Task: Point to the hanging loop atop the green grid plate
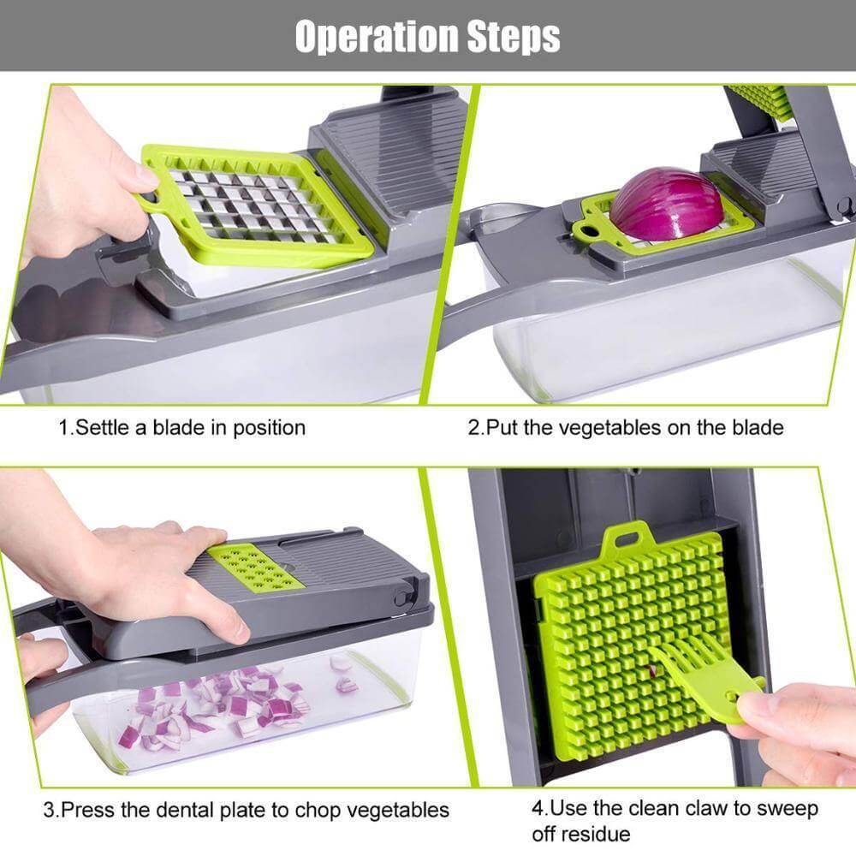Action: [x=622, y=539]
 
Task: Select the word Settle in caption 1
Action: [x=102, y=426]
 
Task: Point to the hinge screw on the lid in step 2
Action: [x=843, y=205]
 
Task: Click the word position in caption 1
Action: [x=265, y=426]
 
